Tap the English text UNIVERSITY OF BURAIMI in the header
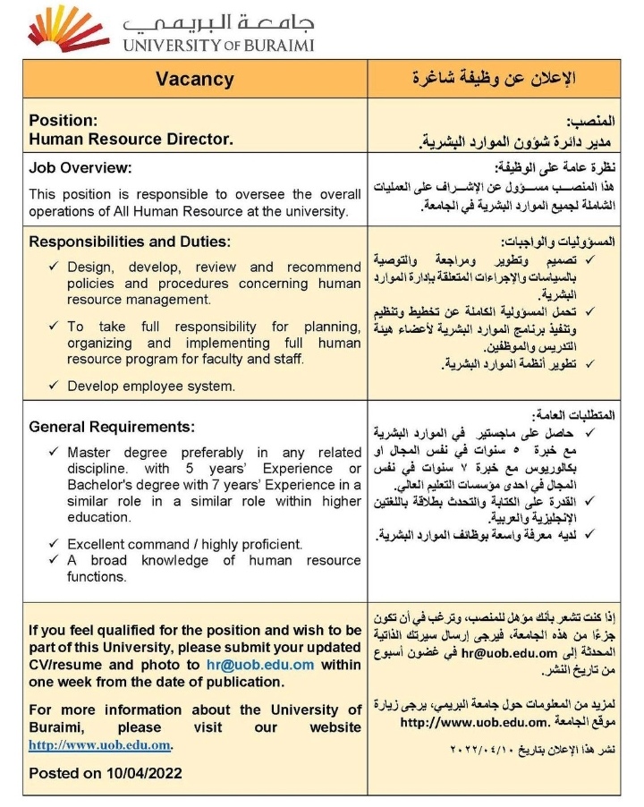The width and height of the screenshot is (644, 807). [218, 44]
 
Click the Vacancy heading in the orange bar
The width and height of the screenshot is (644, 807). [194, 79]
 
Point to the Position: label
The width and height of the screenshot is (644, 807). [63, 119]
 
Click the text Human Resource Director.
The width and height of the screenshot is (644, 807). [131, 139]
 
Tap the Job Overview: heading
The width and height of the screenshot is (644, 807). [80, 167]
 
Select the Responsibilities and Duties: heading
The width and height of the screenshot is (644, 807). [130, 242]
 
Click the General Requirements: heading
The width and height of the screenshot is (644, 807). [112, 426]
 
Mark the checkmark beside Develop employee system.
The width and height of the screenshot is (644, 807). [54, 386]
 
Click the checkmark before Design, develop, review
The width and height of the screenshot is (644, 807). [54, 267]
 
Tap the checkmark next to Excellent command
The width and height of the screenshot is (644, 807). [54, 543]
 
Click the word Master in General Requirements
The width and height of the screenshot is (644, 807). [89, 453]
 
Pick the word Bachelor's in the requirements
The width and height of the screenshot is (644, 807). [100, 485]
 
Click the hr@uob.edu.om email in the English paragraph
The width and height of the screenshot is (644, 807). [274, 665]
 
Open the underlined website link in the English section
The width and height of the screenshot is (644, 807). [99, 744]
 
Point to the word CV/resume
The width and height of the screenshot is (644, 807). [65, 665]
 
